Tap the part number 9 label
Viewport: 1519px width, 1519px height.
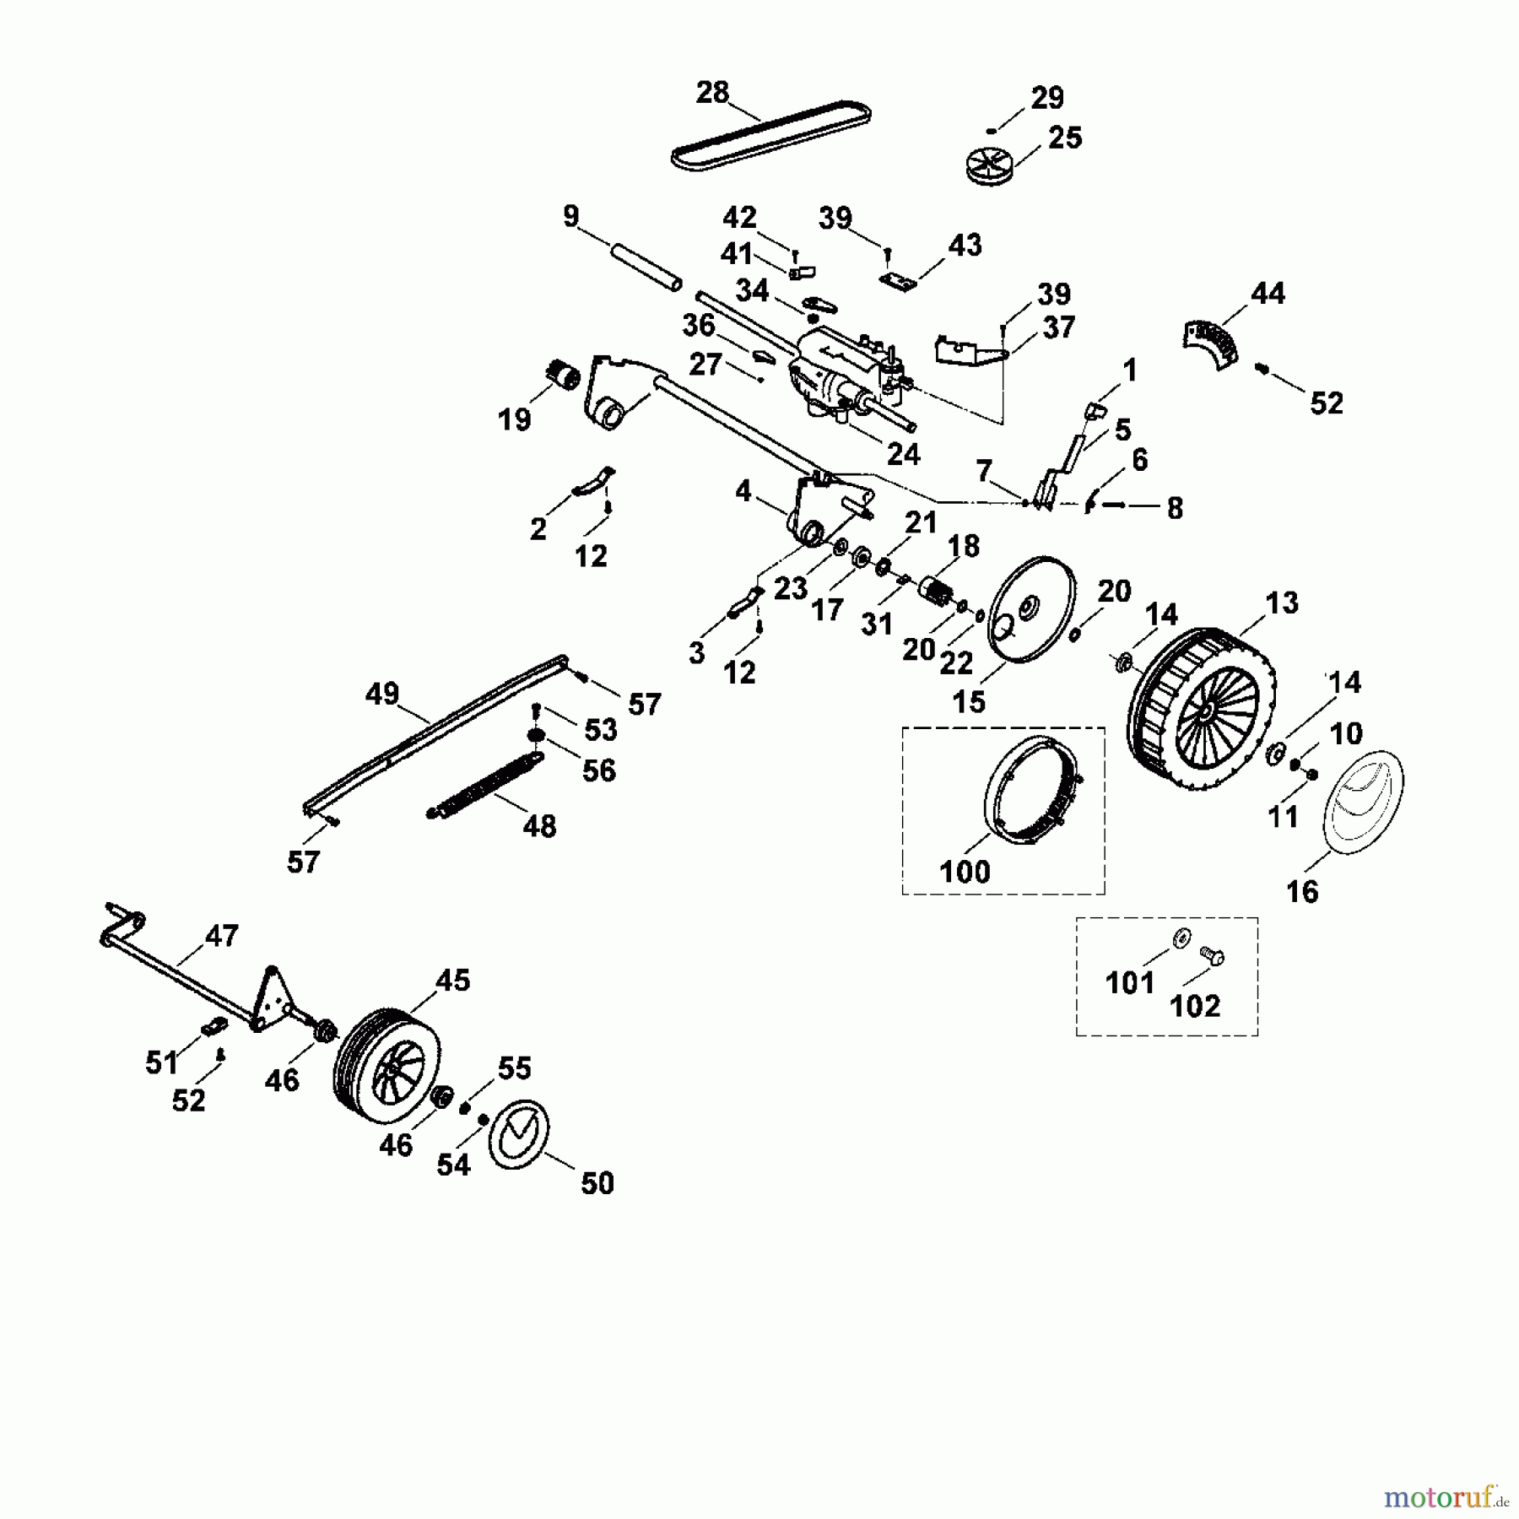571,217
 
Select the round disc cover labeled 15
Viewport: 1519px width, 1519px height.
1032,610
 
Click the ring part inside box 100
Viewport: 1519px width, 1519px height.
1035,787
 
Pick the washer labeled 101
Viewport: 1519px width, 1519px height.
1180,936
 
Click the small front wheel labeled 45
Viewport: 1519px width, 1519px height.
388,1065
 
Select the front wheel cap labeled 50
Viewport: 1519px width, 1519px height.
520,1135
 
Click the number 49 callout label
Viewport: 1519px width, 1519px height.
381,694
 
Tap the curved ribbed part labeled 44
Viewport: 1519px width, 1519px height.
1210,342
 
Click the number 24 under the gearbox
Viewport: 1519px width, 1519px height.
903,454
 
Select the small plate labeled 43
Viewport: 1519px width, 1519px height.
898,282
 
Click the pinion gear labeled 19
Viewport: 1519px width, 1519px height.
562,374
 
